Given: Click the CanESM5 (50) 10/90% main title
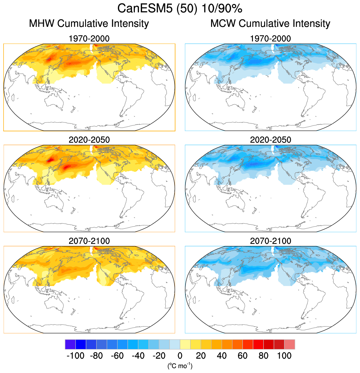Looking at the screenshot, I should [x=180, y=8].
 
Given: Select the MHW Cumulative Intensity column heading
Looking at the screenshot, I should [x=89, y=24].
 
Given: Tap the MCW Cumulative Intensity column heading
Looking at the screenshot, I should [x=270, y=24].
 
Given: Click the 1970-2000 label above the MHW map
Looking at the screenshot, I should [x=89, y=39].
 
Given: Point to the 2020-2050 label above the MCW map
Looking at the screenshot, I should [x=270, y=140].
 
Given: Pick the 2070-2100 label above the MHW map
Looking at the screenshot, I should [x=89, y=241].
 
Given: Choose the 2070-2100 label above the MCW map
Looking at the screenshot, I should [x=270, y=241].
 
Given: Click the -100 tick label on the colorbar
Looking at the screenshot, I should [x=75, y=356].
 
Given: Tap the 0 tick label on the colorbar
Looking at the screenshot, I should [x=180, y=356].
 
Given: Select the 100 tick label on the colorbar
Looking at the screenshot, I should [x=284, y=356].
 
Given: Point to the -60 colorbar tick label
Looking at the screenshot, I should [x=117, y=356].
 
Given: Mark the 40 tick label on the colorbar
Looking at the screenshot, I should [x=222, y=356].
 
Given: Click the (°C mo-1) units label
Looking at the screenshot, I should [x=180, y=365].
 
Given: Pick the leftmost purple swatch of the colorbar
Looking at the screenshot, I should [x=70, y=345].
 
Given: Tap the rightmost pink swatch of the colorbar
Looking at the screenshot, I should [x=290, y=345].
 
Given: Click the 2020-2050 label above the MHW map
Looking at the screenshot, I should [x=89, y=140].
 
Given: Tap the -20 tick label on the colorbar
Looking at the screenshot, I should [x=159, y=356].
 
